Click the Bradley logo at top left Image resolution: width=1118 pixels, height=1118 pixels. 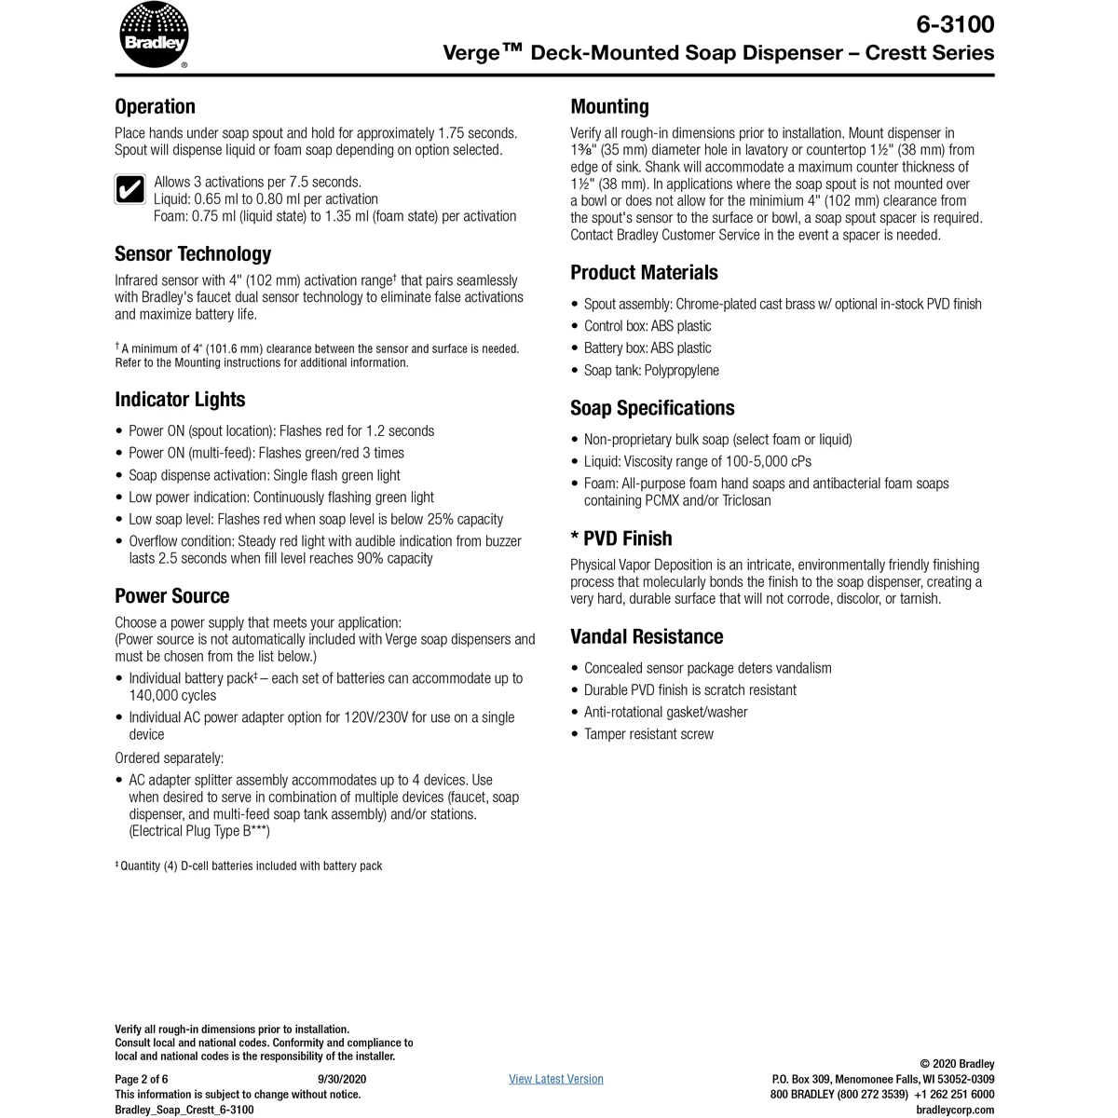click(x=154, y=36)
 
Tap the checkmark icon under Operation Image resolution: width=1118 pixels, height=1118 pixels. click(x=129, y=190)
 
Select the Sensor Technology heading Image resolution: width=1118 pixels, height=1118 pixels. click(x=193, y=253)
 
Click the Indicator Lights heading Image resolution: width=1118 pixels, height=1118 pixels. click(x=180, y=400)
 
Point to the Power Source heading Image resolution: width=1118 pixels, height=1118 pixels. click(x=171, y=596)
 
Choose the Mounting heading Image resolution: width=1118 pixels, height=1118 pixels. click(x=609, y=106)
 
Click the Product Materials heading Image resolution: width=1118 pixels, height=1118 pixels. click(x=644, y=273)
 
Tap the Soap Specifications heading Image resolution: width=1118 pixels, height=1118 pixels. click(x=652, y=408)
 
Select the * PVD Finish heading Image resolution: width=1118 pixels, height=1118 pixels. click(x=620, y=539)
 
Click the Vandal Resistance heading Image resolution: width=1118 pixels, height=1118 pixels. click(x=647, y=637)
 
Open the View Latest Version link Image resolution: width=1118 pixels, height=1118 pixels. click(x=556, y=1079)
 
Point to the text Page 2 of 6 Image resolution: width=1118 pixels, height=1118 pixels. click(x=142, y=1079)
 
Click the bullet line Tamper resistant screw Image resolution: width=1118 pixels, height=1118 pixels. click(x=648, y=734)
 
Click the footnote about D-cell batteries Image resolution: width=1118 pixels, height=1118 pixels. click(x=249, y=866)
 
